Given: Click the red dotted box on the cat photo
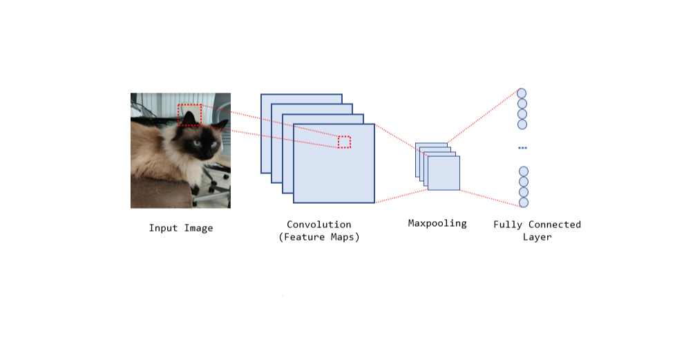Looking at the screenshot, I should coord(189,115).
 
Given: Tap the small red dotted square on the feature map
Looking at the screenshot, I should coord(344,142).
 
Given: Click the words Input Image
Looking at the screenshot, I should coord(181,228).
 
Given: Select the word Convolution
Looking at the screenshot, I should coord(319,225).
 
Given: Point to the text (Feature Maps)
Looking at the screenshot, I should coord(319,237).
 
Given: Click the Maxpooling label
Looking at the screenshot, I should coord(437,223).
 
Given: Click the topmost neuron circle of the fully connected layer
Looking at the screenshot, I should coord(522,93).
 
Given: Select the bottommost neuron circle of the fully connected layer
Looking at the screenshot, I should coord(524,202).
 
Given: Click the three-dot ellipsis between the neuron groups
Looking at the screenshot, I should coord(522,148).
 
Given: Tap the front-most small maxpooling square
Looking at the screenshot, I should coord(444,173).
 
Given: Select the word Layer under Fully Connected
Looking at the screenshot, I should coord(537,237).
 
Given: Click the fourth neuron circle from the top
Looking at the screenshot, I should coord(522,124).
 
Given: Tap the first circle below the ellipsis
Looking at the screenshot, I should coord(524,171).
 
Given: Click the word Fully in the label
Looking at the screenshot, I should coord(508,225).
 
